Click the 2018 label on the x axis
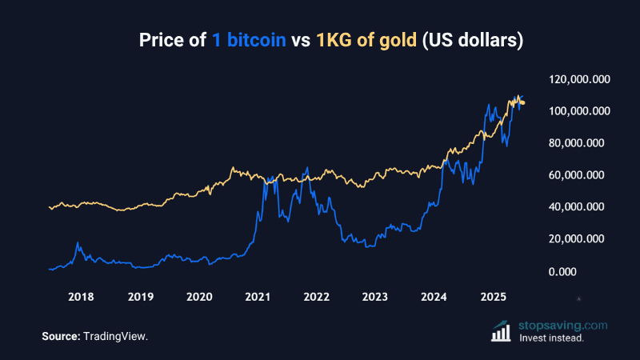coord(81,297)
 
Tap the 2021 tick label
coord(258,297)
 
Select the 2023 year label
coord(375,297)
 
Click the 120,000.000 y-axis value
coord(580,79)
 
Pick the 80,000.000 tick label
coord(580,143)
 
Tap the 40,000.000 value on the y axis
coord(580,207)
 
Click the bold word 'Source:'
coord(60,337)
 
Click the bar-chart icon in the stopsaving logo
coord(502,332)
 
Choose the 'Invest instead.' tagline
coord(551,338)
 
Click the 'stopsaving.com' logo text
coord(562,326)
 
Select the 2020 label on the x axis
coord(198,297)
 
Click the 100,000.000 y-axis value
coord(580,111)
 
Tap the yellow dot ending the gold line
coord(522,102)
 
